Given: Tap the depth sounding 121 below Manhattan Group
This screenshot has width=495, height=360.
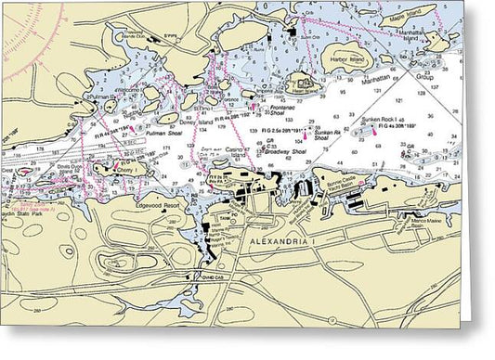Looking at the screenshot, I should tap(399, 100).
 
